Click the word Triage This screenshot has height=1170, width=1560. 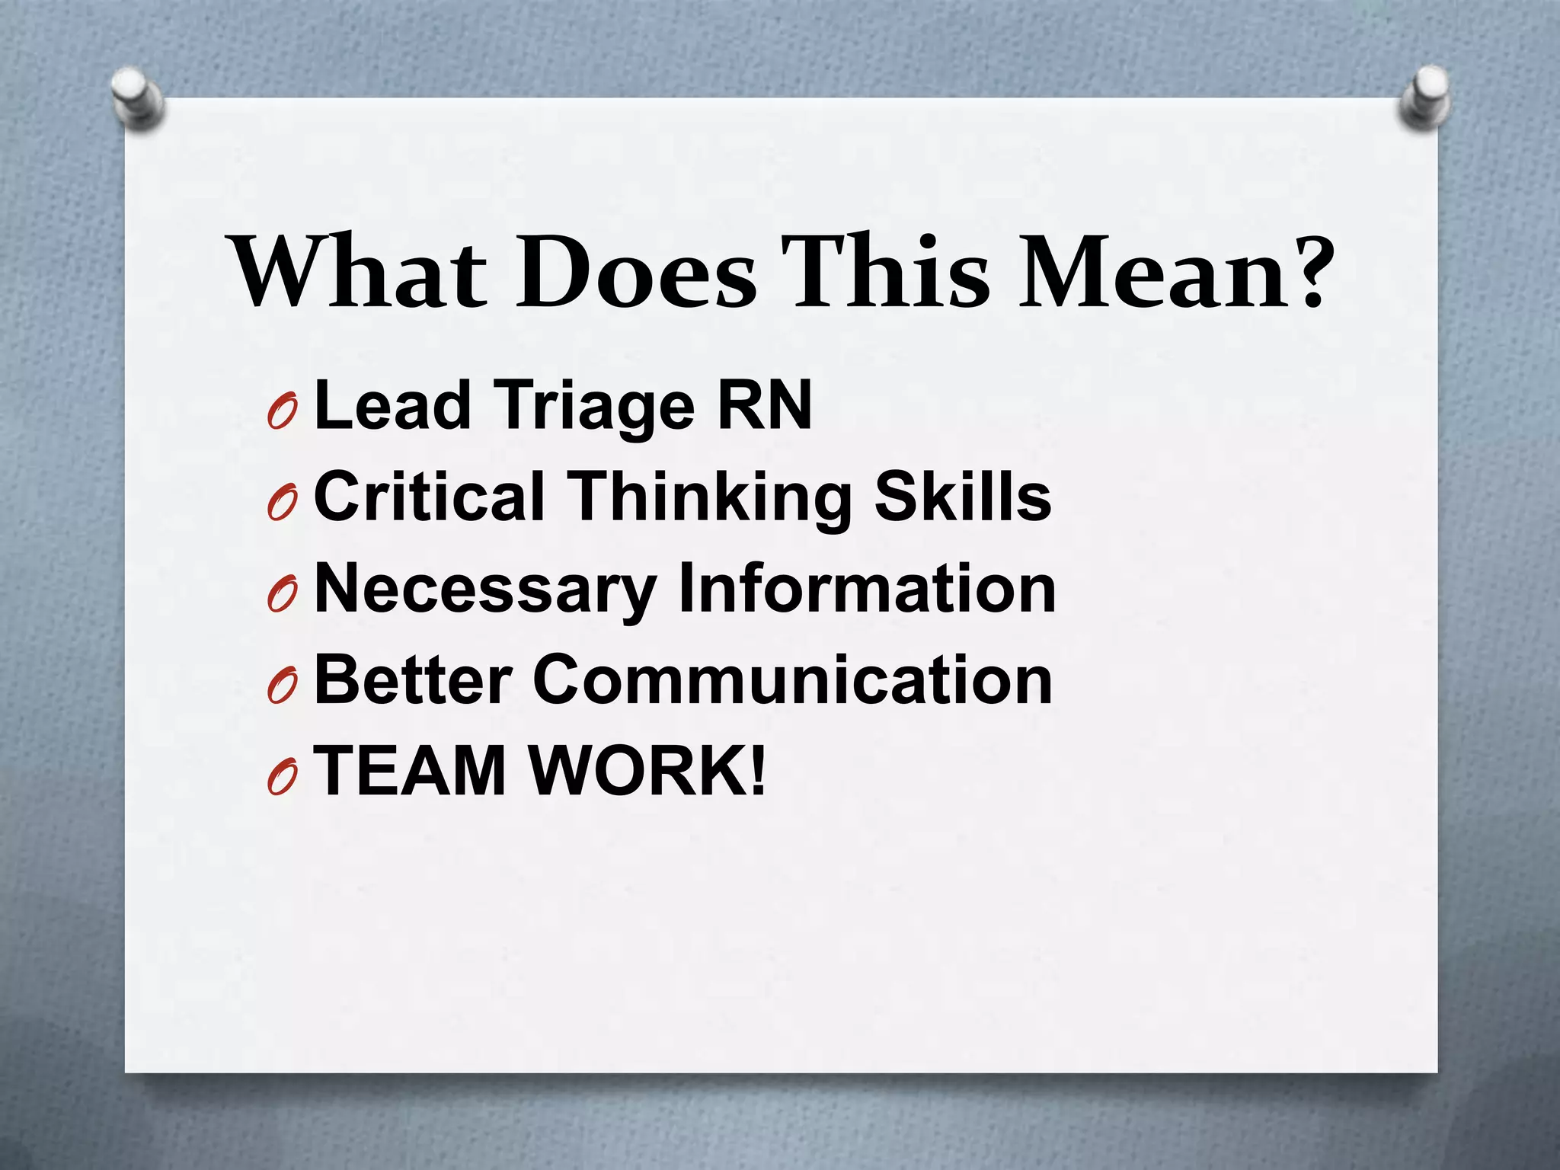[595, 407]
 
